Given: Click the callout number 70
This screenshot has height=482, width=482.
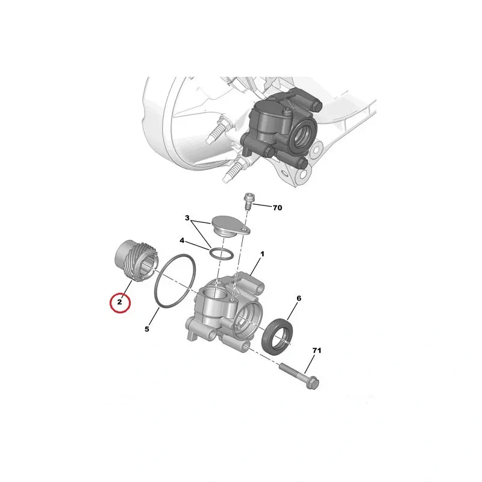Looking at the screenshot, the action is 277,208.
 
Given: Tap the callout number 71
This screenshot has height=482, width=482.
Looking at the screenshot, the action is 317,351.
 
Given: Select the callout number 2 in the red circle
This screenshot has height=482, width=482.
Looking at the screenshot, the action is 119,302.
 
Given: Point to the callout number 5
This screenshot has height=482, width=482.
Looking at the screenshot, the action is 147,329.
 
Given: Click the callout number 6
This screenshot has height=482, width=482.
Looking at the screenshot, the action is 299,298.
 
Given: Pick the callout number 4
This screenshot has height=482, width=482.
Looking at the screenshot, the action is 182,240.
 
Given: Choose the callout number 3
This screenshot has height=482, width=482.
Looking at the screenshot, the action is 187,218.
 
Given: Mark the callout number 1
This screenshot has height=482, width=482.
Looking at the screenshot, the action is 262,254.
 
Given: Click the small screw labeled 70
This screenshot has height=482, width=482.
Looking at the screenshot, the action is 248,201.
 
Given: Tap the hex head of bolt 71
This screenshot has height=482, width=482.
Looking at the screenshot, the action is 313,383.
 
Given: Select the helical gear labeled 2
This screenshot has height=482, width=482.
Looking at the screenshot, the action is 134,260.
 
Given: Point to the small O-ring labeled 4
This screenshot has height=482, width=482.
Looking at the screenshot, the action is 221,254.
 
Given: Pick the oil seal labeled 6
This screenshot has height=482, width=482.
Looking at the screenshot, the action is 277,336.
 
